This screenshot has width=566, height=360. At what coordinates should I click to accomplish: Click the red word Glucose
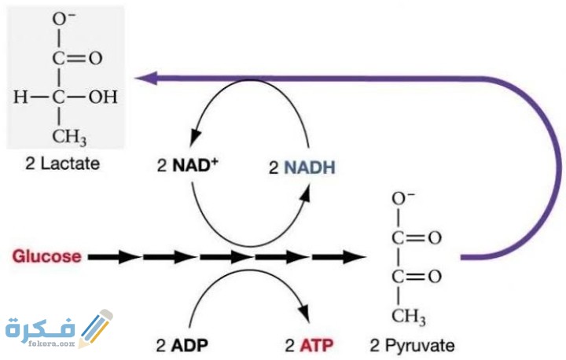point(45,256)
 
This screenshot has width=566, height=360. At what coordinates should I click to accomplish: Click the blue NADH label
point(301,167)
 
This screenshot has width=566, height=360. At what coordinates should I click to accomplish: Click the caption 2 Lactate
point(63,165)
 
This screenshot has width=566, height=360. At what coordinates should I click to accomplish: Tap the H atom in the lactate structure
point(20,97)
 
